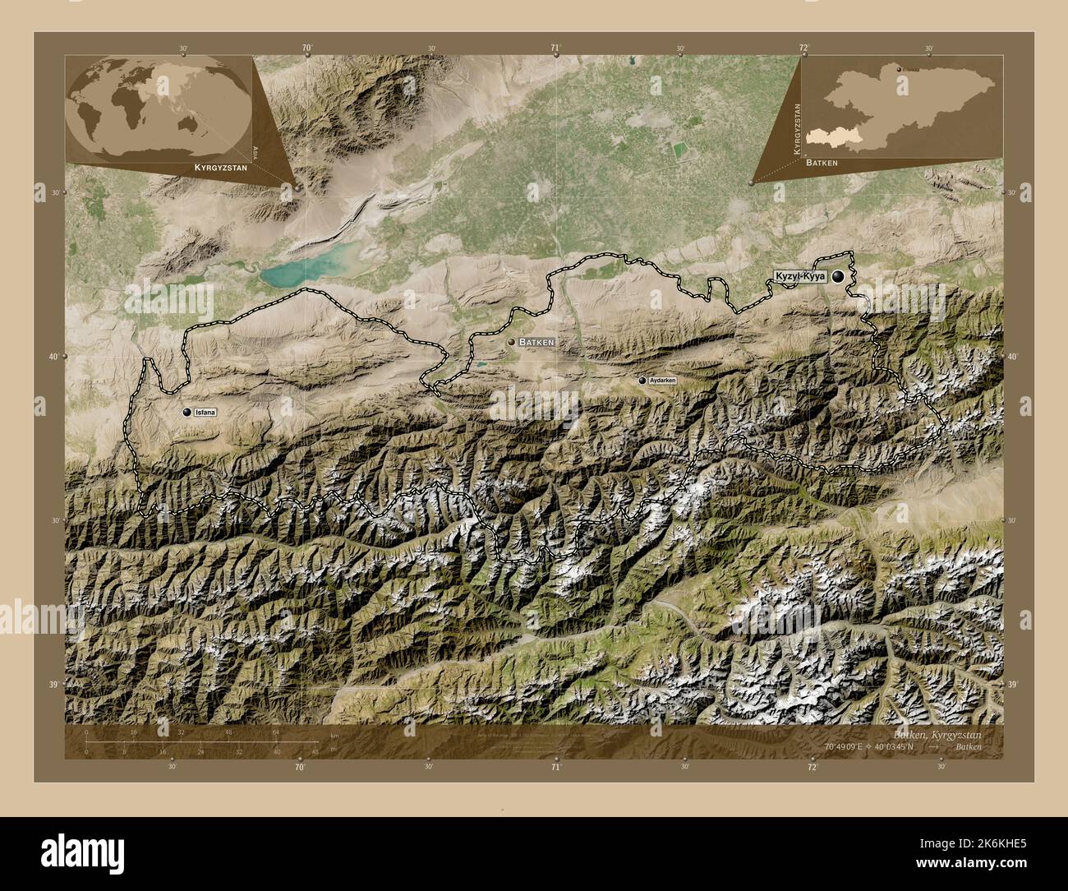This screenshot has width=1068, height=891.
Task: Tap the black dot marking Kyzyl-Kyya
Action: click(838, 278)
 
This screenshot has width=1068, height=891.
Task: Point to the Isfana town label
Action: click(205, 412)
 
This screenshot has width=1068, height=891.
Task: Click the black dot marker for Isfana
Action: click(187, 411)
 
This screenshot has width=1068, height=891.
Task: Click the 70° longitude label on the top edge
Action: click(306, 48)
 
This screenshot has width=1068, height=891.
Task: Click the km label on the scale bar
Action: click(334, 734)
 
